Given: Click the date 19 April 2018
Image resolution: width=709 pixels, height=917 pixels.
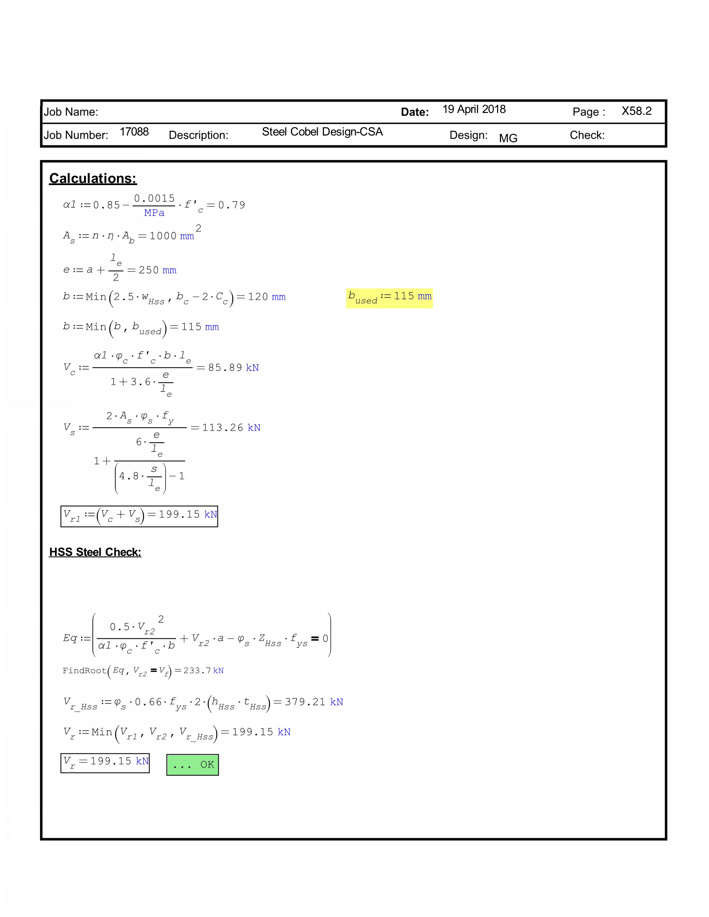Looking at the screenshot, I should tap(474, 109).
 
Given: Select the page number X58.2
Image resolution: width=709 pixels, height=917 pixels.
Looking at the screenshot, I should tap(636, 111).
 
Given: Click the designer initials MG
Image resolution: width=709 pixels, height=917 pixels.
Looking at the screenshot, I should tap(508, 138).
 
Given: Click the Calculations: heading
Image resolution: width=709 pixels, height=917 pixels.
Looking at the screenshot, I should tap(93, 178).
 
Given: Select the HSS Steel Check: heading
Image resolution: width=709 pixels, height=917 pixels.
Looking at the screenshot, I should tap(95, 552).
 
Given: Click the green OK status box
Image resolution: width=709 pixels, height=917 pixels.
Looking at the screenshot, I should tap(192, 765).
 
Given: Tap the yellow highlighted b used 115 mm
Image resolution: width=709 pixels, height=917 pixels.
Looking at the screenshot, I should tap(389, 298).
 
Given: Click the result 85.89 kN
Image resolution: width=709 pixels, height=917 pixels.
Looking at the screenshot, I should tap(233, 368).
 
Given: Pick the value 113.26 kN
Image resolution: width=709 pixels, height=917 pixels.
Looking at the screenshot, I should tap(231, 428).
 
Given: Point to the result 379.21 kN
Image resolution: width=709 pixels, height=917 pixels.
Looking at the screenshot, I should tap(314, 702).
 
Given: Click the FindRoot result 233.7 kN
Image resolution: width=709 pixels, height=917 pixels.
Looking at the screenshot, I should tap(203, 671).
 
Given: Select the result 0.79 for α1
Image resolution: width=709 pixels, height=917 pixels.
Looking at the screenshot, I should tap(231, 205).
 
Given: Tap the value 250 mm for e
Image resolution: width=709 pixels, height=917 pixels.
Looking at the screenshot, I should tap(157, 270).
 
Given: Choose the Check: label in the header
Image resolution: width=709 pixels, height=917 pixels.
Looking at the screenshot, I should tap(587, 135).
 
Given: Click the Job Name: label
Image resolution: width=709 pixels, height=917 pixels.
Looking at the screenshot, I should tap(71, 112).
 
